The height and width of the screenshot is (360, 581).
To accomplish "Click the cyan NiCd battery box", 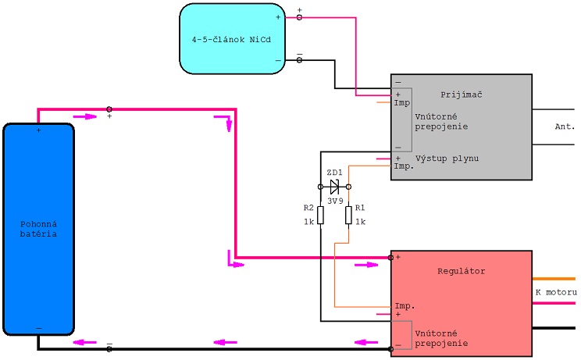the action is coord(233,39).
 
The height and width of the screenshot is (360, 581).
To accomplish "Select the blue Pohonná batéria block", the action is coord(38,230).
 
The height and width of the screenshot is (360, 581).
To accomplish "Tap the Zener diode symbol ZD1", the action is coord(334,187).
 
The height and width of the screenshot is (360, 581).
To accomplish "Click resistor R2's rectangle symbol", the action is coord(320,216).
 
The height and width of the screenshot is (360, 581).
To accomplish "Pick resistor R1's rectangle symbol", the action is coord(348,216).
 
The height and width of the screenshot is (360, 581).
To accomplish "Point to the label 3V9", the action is coord(335,201).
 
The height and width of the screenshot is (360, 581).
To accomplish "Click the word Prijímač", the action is coord(462,94).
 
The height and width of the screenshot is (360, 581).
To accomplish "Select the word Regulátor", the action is coord(462,271).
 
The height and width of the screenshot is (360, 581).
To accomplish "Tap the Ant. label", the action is coord(565,127).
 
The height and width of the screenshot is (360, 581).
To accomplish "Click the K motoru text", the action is coord(556,292).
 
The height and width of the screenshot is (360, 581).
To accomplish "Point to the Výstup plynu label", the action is coord(447,159).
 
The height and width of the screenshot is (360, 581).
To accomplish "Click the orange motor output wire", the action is coord(554,279).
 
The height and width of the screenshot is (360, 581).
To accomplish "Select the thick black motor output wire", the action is coord(554,328).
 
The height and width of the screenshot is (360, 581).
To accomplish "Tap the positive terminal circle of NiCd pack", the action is coord(299,17).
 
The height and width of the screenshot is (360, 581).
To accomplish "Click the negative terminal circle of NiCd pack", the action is coord(299,60).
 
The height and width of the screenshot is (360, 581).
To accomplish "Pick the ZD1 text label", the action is coord(334,173).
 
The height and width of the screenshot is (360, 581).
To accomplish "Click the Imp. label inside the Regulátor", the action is coord(405,306).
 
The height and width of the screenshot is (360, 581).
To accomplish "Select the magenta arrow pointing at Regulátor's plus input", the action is coord(366,265).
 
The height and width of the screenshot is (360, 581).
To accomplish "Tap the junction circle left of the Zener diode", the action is coord(320,187).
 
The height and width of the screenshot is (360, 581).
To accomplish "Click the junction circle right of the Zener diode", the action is coord(348,187).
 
